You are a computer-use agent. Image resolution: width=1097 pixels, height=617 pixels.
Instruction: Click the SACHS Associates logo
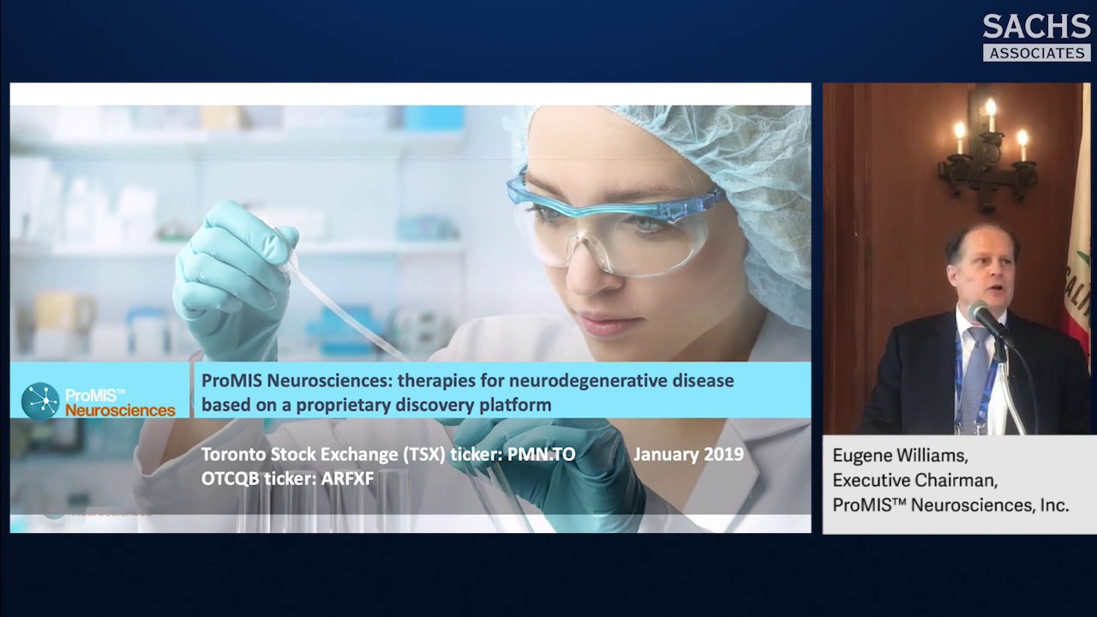click(x=1036, y=37)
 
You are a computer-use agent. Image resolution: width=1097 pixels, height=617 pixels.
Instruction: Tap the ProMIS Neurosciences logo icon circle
click(x=40, y=401)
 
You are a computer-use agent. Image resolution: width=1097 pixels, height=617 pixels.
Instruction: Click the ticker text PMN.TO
click(x=541, y=454)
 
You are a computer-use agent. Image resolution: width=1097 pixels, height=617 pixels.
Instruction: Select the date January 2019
click(x=688, y=454)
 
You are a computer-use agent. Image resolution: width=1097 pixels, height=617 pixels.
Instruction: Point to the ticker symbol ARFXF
click(x=347, y=478)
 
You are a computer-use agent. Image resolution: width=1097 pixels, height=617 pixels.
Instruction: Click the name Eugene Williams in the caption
click(x=900, y=455)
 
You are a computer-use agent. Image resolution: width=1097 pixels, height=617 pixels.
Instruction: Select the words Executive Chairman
click(x=914, y=480)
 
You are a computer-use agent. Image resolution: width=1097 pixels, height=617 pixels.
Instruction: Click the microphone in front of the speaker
click(x=986, y=319)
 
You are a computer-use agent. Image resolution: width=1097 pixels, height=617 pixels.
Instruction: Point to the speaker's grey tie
click(x=974, y=377)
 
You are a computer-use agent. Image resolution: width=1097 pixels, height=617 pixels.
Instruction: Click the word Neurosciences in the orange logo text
click(x=120, y=410)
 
